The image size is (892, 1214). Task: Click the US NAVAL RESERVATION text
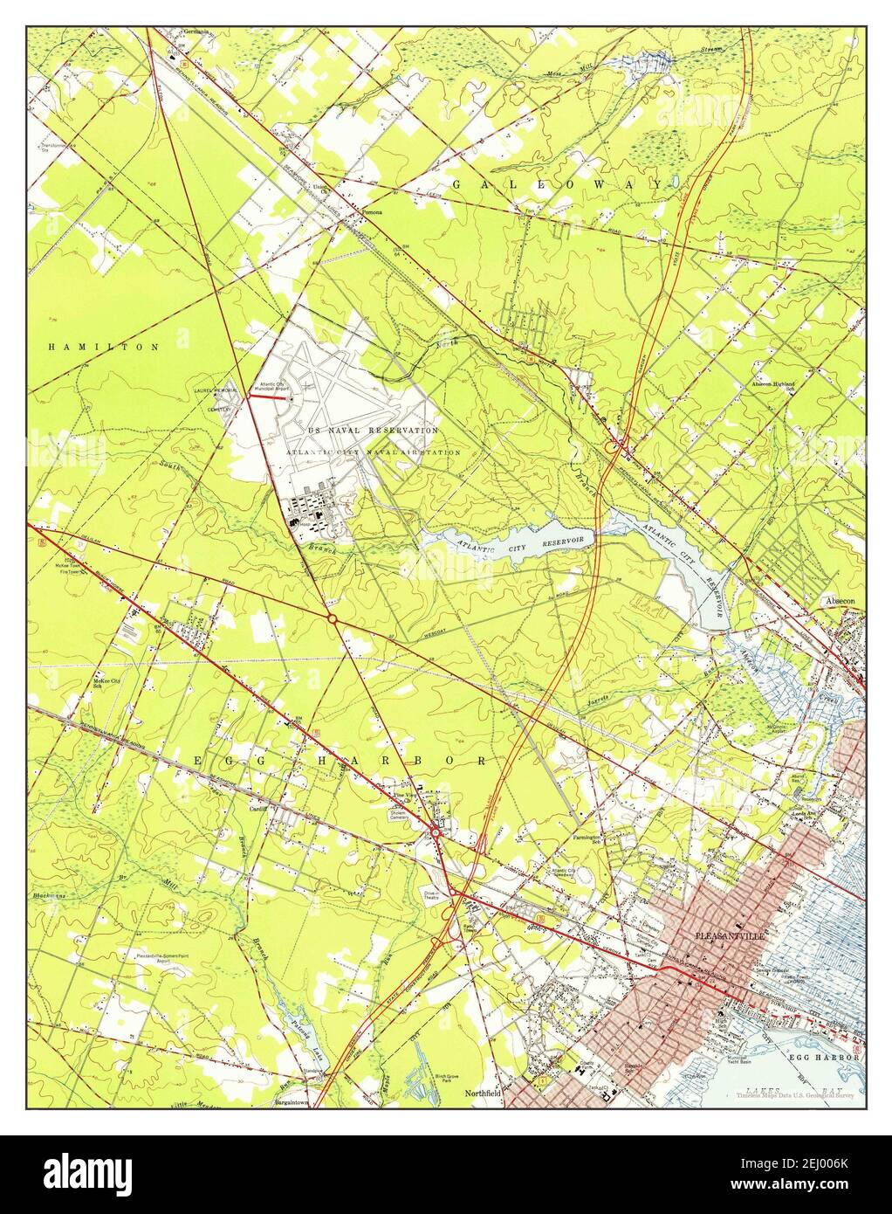click(373, 431)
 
